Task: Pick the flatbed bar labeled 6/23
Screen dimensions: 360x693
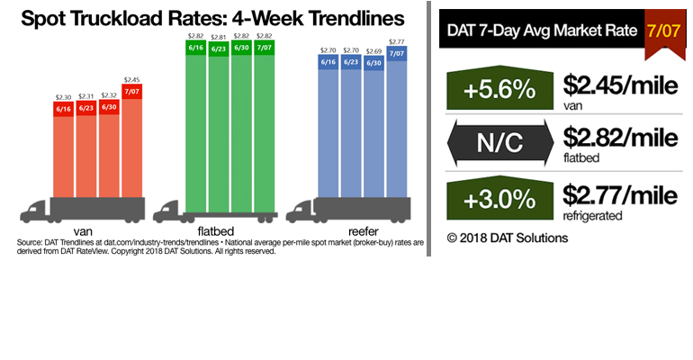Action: pyautogui.click(x=220, y=117)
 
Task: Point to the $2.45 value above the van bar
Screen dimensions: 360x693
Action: pyautogui.click(x=132, y=79)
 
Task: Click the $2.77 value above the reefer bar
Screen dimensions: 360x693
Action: pyautogui.click(x=397, y=41)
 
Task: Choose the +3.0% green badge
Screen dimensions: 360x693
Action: pyautogui.click(x=498, y=200)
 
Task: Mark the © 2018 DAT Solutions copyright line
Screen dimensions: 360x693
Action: pyautogui.click(x=507, y=238)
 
